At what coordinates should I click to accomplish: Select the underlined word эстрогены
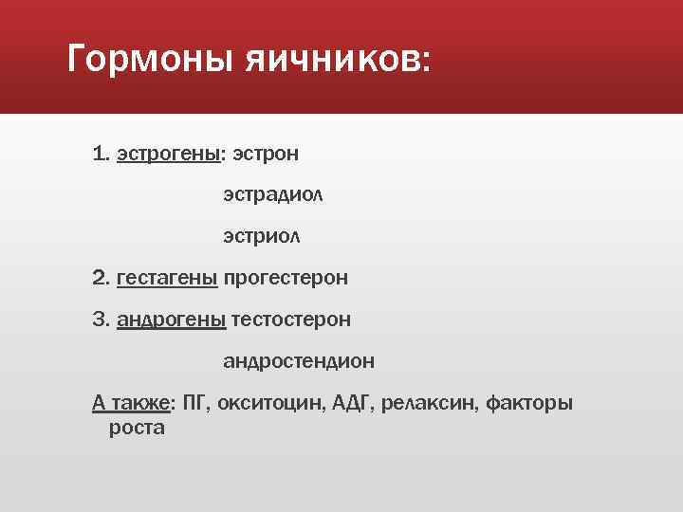click(169, 154)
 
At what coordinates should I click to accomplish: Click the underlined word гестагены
click(167, 278)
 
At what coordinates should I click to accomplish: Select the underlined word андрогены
click(171, 320)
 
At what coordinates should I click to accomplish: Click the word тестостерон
click(290, 320)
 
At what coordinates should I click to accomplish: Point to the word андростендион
click(299, 361)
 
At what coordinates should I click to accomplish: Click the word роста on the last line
click(137, 428)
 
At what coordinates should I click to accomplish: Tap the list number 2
click(101, 278)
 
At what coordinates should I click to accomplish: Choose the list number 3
click(101, 320)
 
